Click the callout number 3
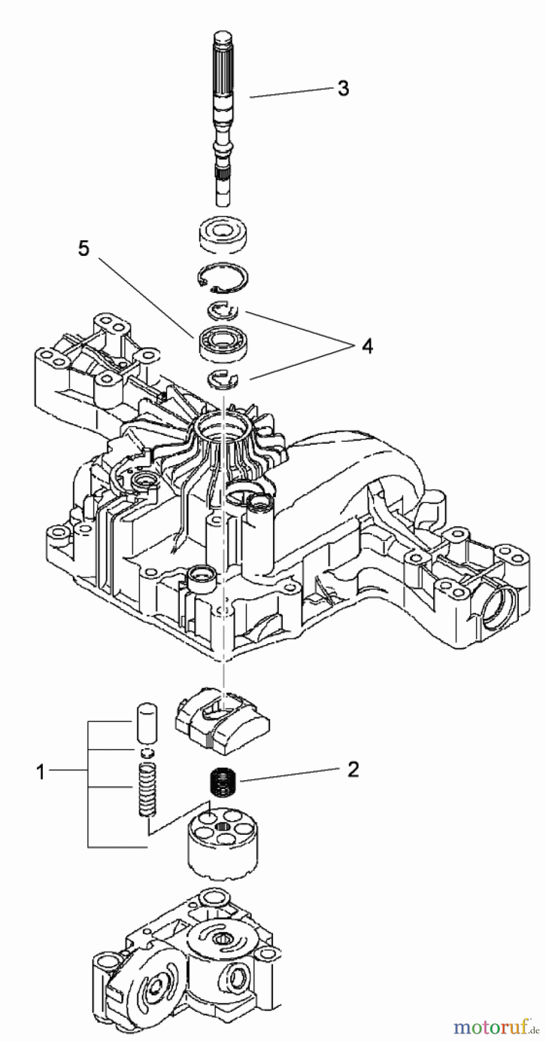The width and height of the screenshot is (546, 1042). coord(344,89)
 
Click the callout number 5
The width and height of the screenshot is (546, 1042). coord(84,249)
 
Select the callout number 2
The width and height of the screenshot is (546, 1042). coord(353,769)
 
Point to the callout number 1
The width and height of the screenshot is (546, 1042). coord(40,772)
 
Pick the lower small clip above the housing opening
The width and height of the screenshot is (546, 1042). coord(223,379)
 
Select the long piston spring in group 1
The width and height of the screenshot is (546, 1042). coord(148,791)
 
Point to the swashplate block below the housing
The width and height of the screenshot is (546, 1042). coord(223,721)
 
